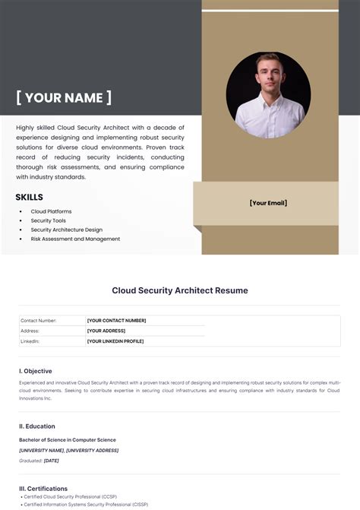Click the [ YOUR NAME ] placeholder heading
pos(64,97)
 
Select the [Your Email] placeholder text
pos(268,203)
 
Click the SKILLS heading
pos(29,198)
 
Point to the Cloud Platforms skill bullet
pos(51,211)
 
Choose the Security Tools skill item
pos(49,220)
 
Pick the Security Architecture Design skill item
pos(66,230)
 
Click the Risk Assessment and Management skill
pos(75,239)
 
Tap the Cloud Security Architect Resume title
pos(180,290)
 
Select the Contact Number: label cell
pos(39,321)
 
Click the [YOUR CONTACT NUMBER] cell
pos(116,321)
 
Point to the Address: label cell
pos(31,331)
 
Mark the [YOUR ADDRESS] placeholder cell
pos(106,331)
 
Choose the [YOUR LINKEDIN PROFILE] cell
pos(115,341)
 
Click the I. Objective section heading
pos(36,371)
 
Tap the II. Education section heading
pos(37,426)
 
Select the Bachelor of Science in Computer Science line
pos(68,440)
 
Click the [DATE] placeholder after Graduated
pos(52,461)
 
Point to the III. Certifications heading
pos(43,489)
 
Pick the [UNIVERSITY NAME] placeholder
pos(41,450)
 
